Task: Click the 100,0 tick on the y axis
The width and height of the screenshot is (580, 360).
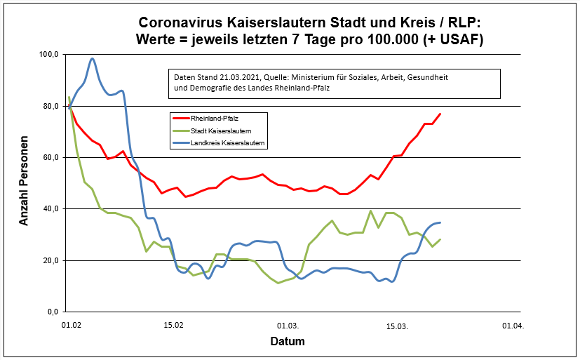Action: [x=51, y=54]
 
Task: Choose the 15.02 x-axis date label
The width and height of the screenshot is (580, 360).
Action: [x=174, y=326]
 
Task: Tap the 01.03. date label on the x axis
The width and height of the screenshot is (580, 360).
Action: [x=288, y=326]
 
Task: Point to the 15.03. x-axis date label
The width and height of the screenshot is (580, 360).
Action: [x=398, y=326]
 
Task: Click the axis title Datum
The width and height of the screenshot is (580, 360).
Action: [x=288, y=342]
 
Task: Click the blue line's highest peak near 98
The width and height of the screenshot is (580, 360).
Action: [x=93, y=59]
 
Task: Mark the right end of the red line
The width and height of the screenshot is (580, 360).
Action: [x=440, y=114]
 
